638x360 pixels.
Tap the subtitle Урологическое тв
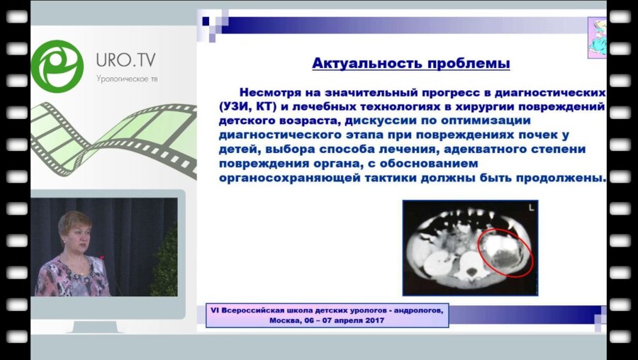pos(127,78)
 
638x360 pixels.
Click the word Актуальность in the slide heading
pos(360,64)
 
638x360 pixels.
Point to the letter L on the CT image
pos(530,208)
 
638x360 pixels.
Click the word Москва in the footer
pos(286,320)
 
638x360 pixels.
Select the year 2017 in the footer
pos(369,320)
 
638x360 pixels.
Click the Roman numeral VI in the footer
pos(215,310)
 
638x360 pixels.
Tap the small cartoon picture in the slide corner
pos(597,38)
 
